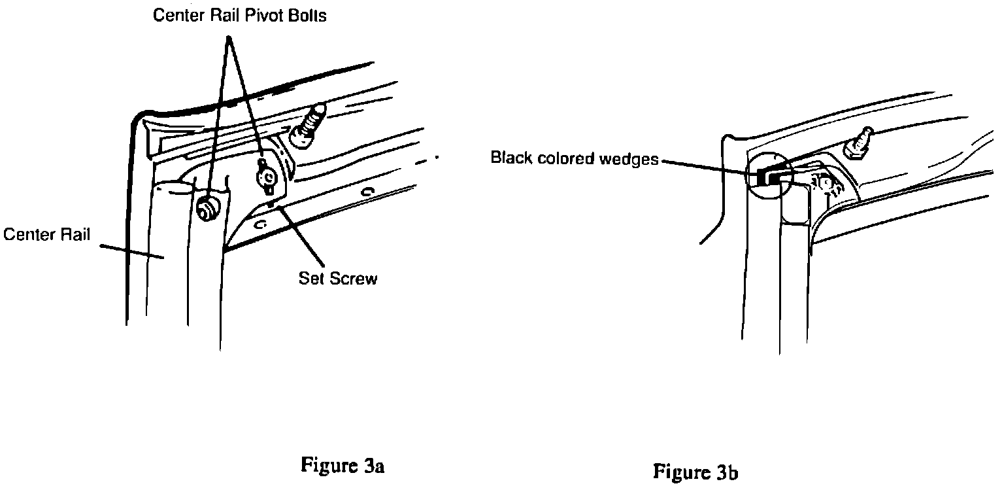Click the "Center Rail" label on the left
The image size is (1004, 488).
click(x=47, y=234)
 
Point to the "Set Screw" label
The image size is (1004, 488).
click(x=338, y=278)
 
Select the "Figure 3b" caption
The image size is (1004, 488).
click(x=697, y=472)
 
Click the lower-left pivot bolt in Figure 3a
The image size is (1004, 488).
click(x=208, y=208)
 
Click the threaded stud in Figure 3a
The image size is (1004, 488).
click(x=311, y=126)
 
